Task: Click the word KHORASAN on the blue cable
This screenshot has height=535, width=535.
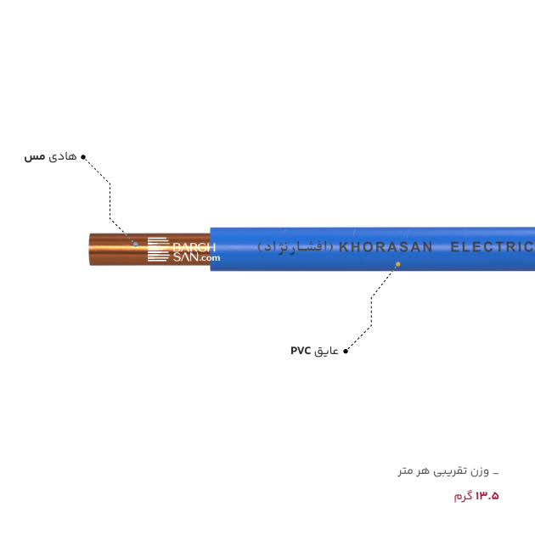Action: (386, 247)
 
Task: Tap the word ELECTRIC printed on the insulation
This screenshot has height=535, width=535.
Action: (493, 246)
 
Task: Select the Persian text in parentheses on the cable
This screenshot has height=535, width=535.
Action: (296, 246)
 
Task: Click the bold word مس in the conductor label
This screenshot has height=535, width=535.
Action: (35, 157)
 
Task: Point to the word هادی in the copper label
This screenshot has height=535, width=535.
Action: (63, 156)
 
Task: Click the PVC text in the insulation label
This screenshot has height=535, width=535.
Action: (301, 351)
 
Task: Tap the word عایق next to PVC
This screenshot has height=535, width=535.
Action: (326, 351)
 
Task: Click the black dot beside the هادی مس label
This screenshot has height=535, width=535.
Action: (83, 157)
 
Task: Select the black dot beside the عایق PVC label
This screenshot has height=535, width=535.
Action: (346, 351)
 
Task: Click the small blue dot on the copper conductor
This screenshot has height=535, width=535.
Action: (136, 244)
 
